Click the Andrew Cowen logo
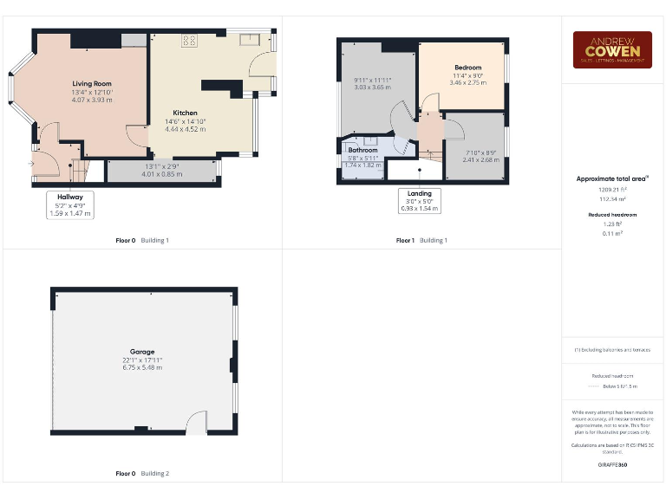(612, 49)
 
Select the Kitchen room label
(185, 113)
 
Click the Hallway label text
(70, 198)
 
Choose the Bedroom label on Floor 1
(467, 68)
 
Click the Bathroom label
(362, 150)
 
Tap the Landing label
(419, 193)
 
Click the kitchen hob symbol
(189, 40)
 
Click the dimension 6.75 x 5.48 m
(142, 368)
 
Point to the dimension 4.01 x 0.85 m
(161, 174)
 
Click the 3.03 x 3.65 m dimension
(373, 87)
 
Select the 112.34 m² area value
(612, 198)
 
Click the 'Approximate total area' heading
(612, 179)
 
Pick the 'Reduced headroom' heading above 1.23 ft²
(612, 214)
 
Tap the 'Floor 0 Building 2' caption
(142, 474)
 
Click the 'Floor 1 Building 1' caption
(421, 240)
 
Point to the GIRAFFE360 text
(612, 465)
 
